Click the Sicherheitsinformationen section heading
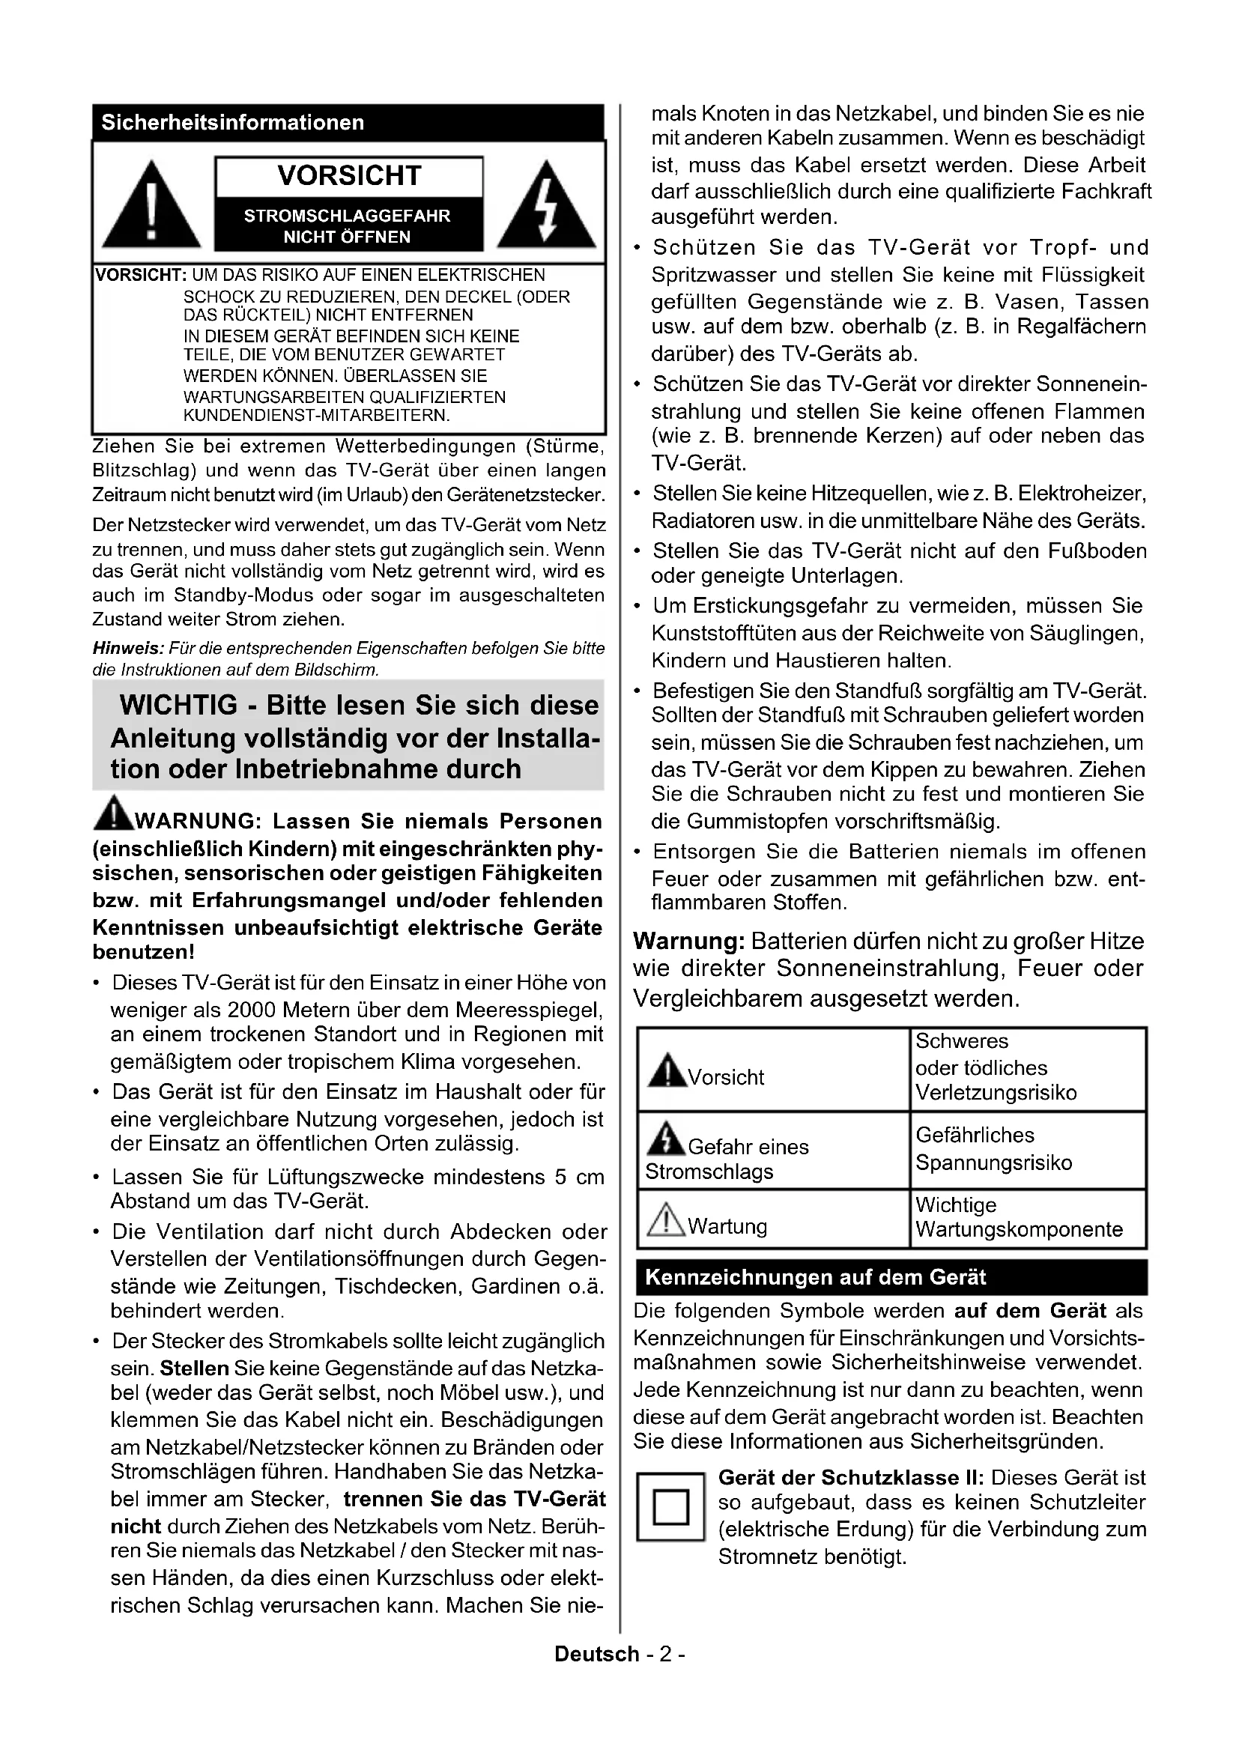233,123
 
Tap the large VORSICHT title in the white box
348,176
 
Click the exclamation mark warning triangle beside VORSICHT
151,205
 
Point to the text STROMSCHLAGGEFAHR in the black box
347,216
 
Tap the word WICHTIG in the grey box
178,705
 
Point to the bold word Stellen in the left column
195,1368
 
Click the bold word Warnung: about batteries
688,942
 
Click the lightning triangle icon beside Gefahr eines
665,1139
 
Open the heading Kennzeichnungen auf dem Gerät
815,1277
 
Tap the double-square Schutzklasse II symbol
670,1507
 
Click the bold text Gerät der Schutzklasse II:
851,1477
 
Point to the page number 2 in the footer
665,1654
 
